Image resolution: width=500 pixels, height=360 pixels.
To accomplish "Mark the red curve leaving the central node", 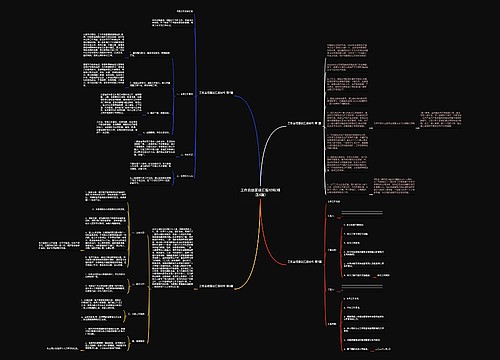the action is click(270, 235).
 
